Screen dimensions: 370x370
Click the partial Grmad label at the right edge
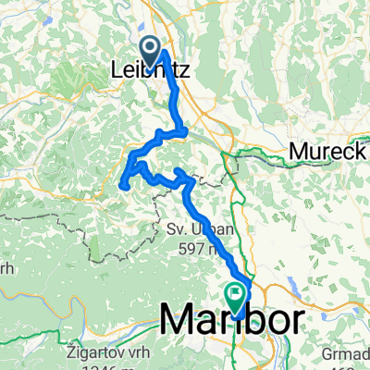pos(354,351)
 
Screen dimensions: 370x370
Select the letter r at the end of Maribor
pos(293,320)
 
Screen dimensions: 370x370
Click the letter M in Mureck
pos(297,151)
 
